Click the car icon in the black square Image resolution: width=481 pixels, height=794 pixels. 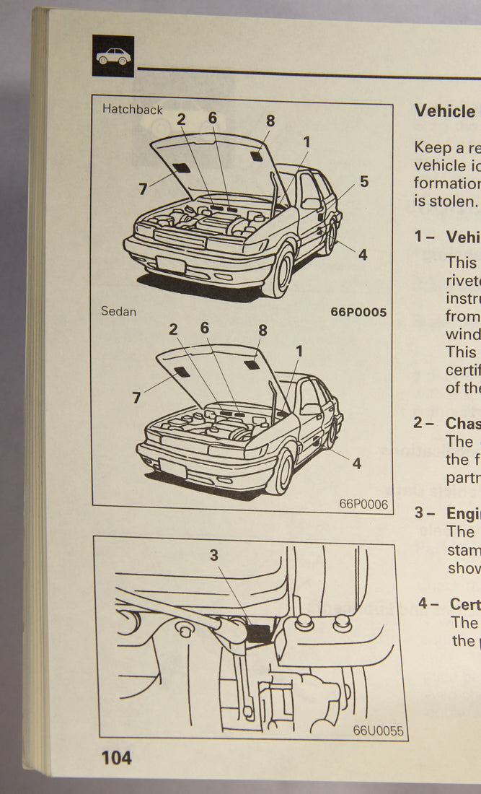click(x=113, y=56)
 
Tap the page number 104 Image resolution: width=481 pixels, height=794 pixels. click(x=116, y=757)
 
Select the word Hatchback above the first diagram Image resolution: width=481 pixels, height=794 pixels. click(x=132, y=110)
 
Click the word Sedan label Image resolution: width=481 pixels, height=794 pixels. click(x=118, y=312)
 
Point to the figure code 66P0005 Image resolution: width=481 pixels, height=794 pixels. click(x=358, y=313)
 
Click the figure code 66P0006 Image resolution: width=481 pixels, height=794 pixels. click(x=363, y=504)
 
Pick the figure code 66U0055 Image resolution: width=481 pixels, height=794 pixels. click(x=378, y=730)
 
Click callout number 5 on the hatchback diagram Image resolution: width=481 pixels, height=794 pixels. click(x=364, y=182)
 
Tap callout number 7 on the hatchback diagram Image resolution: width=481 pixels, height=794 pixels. click(x=143, y=190)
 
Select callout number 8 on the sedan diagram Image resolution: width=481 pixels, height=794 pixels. click(x=262, y=331)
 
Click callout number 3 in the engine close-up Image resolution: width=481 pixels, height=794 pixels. click(x=214, y=555)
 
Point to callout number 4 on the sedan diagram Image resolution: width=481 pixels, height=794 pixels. click(x=356, y=463)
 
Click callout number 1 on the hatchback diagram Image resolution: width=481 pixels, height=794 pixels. click(x=306, y=142)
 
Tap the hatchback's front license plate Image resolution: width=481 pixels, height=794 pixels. click(x=171, y=264)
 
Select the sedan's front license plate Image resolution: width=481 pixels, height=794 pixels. click(x=173, y=469)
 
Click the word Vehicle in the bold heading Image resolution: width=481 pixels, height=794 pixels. click(x=445, y=111)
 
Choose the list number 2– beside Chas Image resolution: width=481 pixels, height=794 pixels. click(x=423, y=422)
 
